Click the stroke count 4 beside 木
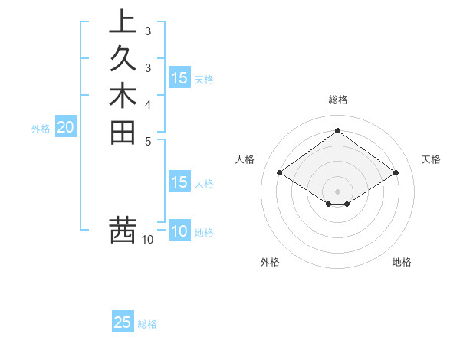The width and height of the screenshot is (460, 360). coord(148,103)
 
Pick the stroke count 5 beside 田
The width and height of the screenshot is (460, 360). coord(148,141)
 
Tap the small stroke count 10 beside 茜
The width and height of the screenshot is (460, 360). coord(148,240)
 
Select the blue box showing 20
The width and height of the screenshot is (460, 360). coord(65,128)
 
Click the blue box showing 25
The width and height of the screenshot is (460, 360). coord(123,322)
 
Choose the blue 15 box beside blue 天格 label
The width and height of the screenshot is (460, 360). coord(179,77)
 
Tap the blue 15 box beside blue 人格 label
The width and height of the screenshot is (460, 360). coord(179,182)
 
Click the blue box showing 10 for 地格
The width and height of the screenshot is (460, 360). coord(179,231)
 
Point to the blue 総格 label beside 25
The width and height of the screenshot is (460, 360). coord(147,324)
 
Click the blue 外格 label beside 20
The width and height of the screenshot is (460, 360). coord(41,129)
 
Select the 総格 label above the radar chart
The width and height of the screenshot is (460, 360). coord(338,100)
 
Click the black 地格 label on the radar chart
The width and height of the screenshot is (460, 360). coord(402,262)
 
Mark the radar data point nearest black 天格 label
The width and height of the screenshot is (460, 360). coord(396,173)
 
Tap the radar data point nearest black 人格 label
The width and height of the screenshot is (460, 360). coord(280,173)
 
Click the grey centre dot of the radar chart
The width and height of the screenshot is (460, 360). coord(338,190)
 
